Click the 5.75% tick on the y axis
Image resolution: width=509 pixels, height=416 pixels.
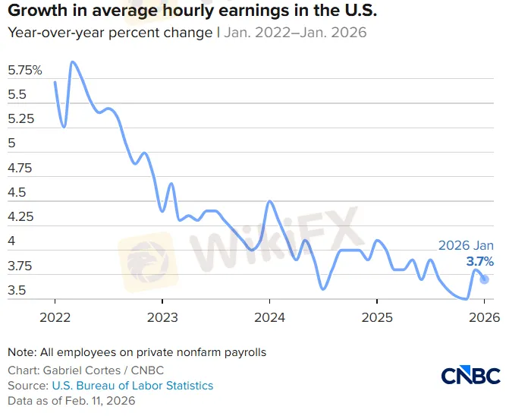click(x=25, y=71)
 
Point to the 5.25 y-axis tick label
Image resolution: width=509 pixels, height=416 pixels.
click(x=21, y=119)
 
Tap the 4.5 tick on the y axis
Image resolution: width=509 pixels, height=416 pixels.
click(x=17, y=193)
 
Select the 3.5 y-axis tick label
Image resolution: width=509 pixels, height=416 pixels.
click(x=17, y=291)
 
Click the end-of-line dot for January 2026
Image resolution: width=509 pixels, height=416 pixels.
click(x=485, y=279)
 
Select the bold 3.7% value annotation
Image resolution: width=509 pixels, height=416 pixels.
click(x=479, y=261)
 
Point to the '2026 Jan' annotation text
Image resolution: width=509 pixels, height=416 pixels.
click(x=466, y=245)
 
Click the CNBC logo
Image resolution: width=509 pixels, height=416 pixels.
click(x=470, y=375)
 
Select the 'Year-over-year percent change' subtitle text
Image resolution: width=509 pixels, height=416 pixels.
click(x=111, y=33)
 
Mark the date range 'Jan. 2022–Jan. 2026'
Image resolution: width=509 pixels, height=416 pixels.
click(x=295, y=33)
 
